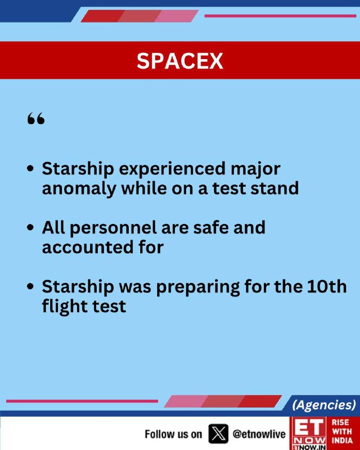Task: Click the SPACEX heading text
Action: click(x=179, y=61)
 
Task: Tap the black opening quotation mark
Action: click(x=36, y=118)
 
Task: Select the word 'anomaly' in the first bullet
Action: click(x=79, y=189)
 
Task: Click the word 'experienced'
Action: click(x=172, y=169)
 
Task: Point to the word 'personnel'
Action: click(x=113, y=228)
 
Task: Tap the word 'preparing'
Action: click(x=198, y=287)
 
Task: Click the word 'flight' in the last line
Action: click(x=61, y=307)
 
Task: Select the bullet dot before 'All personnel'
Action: click(x=30, y=228)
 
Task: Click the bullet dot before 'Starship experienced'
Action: click(x=30, y=168)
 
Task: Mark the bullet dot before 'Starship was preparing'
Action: click(x=30, y=286)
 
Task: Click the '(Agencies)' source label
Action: click(x=324, y=405)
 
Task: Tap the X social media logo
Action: click(x=218, y=434)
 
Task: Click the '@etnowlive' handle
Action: click(x=259, y=434)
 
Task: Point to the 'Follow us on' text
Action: click(x=173, y=434)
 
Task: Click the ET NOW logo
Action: click(x=309, y=433)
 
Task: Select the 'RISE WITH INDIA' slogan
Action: click(x=342, y=431)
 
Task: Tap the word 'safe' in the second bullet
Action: click(x=211, y=228)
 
